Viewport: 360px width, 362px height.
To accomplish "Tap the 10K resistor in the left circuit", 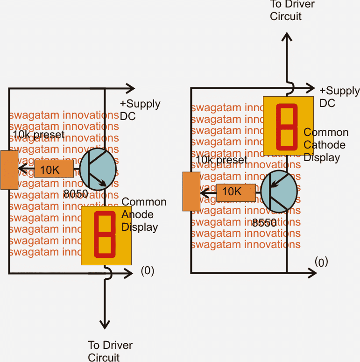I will click(54, 170).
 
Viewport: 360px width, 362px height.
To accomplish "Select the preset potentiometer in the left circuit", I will click(9, 170).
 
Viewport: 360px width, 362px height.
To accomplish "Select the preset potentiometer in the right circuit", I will click(191, 192).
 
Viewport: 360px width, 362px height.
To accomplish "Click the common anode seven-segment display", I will click(105, 235).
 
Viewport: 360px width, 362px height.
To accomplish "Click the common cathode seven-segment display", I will click(286, 125).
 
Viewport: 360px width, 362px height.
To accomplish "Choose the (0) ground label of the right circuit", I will click(321, 262).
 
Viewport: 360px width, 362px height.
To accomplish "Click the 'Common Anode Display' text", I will click(143, 214).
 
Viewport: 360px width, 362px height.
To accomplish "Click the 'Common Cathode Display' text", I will click(325, 144).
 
